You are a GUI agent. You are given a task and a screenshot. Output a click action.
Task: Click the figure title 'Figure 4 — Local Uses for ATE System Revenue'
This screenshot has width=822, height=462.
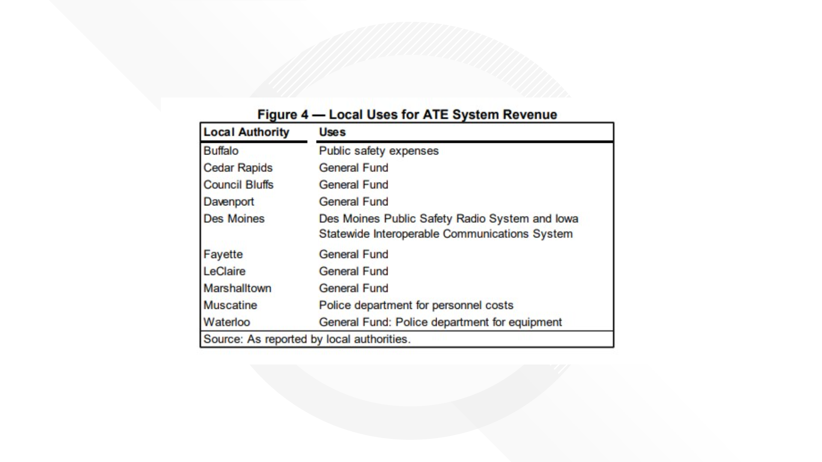tap(407, 115)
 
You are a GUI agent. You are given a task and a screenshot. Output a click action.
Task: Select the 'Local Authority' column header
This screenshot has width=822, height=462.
tap(246, 132)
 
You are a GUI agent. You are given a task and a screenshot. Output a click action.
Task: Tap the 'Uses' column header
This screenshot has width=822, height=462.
tap(332, 132)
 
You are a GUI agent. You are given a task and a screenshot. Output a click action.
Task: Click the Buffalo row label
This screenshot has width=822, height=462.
tap(221, 151)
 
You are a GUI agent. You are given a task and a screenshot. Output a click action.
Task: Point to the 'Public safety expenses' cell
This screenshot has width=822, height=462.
tap(378, 151)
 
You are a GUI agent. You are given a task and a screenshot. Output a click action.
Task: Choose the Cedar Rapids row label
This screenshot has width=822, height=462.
tap(238, 168)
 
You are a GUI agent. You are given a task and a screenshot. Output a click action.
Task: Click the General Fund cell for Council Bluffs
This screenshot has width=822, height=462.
tap(354, 185)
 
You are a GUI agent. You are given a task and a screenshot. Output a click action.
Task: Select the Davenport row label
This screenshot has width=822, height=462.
tap(229, 202)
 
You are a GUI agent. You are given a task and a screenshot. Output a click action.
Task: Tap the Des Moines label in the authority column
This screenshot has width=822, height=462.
tap(234, 219)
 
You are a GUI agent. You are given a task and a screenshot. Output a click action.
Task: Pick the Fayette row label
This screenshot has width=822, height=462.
tap(223, 255)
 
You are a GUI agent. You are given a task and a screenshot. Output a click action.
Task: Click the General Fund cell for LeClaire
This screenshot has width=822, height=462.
tap(354, 271)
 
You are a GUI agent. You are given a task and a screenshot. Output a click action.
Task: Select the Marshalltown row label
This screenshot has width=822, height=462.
tap(237, 288)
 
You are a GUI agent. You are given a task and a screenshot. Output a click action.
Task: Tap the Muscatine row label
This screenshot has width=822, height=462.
tap(230, 305)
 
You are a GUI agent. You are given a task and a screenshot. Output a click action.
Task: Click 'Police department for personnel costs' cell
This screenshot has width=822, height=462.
tap(416, 305)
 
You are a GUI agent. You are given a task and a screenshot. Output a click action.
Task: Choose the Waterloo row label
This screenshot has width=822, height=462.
tap(226, 322)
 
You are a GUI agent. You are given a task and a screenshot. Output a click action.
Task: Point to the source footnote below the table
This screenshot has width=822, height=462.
tap(307, 339)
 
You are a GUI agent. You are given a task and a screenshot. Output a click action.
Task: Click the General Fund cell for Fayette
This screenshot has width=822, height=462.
tap(354, 255)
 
